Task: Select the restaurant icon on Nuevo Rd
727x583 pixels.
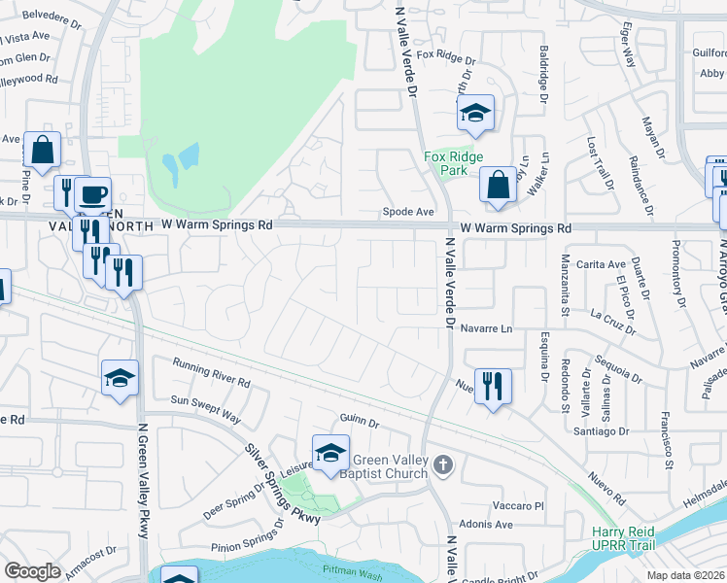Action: click(x=493, y=387)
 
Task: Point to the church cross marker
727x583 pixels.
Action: click(x=443, y=465)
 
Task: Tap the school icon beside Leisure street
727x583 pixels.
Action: click(x=330, y=453)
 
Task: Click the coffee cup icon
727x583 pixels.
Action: click(x=92, y=195)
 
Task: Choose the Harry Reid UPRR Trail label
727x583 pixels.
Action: click(x=624, y=538)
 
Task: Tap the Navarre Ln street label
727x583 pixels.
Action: click(x=486, y=328)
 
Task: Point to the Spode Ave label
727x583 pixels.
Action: click(x=408, y=211)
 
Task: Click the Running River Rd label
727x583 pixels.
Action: click(x=212, y=372)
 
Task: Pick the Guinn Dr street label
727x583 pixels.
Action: click(x=359, y=421)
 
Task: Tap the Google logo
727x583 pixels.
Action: click(x=32, y=570)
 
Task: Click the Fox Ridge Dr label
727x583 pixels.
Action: click(x=446, y=57)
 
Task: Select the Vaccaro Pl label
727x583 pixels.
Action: click(x=518, y=506)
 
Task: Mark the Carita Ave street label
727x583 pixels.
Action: click(x=601, y=264)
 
